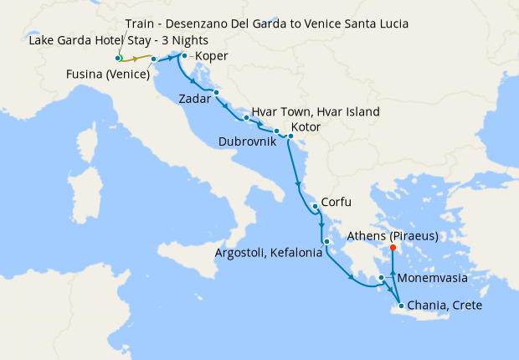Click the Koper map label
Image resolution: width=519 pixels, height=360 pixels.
coord(211,57)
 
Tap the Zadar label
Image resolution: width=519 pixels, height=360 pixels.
coord(195,99)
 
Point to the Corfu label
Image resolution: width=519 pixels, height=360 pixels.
coord(335,202)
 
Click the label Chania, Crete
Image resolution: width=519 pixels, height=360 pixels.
coord(444,306)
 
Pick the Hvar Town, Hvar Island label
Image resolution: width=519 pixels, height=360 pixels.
coord(316,111)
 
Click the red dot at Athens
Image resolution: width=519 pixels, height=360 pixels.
coord(393,247)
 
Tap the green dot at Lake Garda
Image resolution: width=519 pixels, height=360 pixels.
coord(118,58)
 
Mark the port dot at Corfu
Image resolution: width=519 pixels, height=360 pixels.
coord(314,206)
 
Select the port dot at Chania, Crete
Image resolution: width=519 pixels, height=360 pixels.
coord(403,306)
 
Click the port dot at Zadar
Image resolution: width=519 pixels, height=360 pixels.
coord(216,92)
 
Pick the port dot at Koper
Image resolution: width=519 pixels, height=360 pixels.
coord(184,56)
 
